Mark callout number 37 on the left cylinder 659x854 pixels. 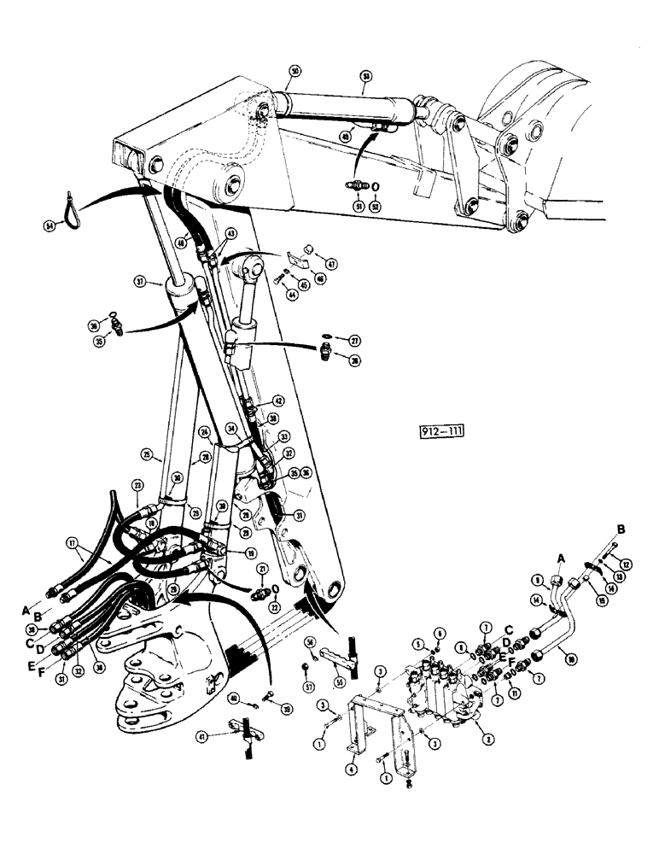[139, 281]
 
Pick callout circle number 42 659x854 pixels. [277, 401]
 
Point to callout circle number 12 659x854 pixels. [628, 564]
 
